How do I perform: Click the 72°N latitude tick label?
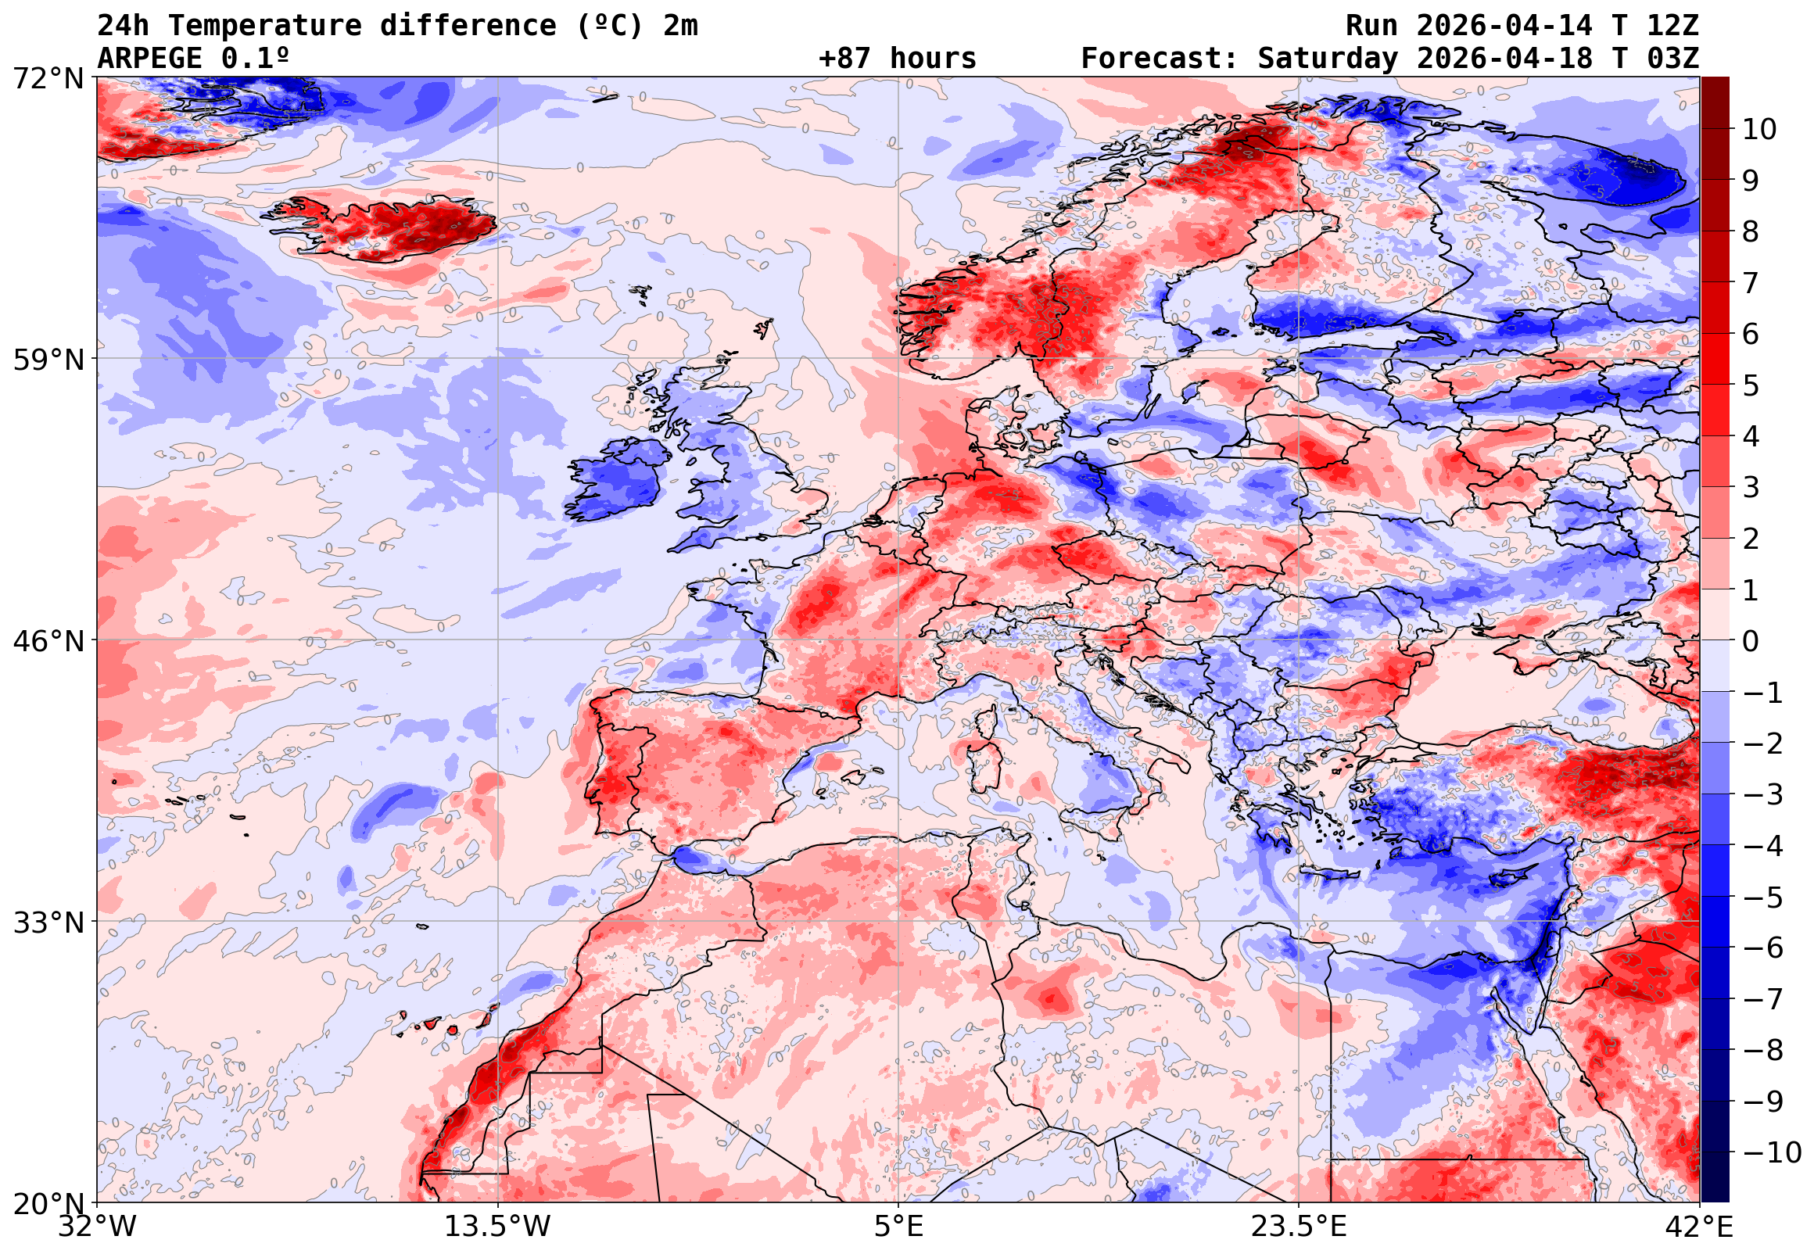(x=48, y=79)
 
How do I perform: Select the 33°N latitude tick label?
(x=48, y=923)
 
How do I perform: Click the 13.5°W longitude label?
(x=497, y=1227)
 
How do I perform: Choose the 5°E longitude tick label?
(x=898, y=1227)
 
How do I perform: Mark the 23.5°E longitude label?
(x=1299, y=1227)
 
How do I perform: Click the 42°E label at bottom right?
(x=1698, y=1227)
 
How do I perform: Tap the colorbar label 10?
(x=1759, y=130)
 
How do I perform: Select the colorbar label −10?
(x=1772, y=1152)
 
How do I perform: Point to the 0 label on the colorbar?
(x=1751, y=642)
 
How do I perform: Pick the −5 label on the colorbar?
(x=1763, y=898)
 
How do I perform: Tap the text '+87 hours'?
(x=897, y=59)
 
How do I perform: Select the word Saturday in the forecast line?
(x=1328, y=59)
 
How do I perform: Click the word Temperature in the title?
(x=265, y=26)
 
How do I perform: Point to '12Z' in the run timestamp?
(x=1672, y=26)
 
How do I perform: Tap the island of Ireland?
(x=617, y=480)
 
